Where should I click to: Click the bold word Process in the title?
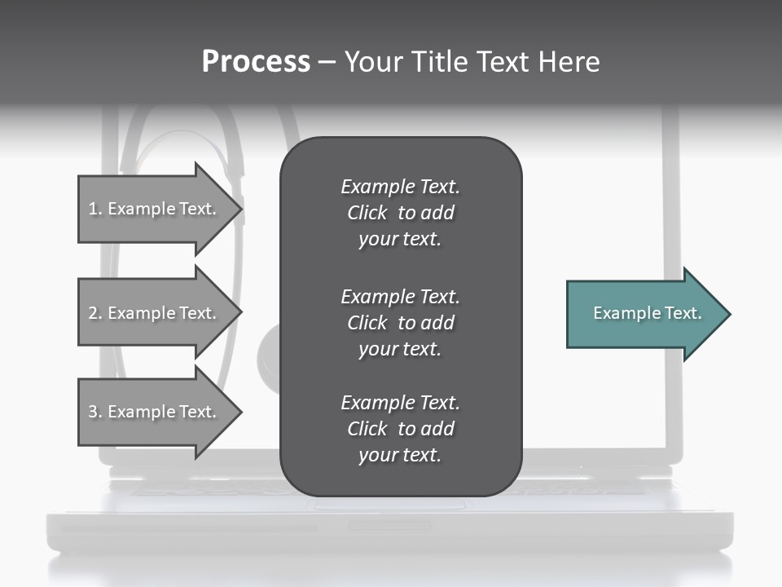[256, 62]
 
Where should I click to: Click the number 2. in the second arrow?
[95, 313]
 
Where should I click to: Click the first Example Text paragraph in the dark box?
[400, 213]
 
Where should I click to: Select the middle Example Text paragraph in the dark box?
[400, 323]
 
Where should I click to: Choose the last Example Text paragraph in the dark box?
[400, 429]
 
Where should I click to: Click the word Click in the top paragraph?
[367, 213]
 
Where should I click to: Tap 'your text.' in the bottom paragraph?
[400, 455]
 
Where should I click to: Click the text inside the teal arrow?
[647, 313]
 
